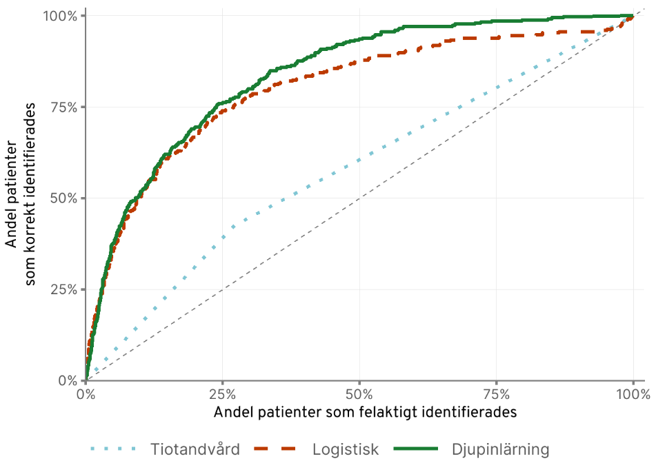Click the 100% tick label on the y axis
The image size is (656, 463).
click(x=61, y=16)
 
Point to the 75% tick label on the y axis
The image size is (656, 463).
click(x=64, y=107)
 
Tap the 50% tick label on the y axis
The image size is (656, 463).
click(x=64, y=198)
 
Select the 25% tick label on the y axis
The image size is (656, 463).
click(x=64, y=289)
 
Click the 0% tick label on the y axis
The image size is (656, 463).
click(x=68, y=380)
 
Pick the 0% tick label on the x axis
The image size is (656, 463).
click(x=86, y=395)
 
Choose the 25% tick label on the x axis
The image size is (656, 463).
click(x=223, y=395)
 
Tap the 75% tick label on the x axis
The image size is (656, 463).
click(x=497, y=395)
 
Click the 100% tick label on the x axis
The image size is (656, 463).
click(x=631, y=395)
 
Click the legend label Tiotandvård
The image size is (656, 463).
click(x=195, y=450)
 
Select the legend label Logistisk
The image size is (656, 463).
click(x=346, y=450)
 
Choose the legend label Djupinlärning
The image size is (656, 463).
click(x=501, y=450)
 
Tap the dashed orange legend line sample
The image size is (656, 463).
click(x=279, y=450)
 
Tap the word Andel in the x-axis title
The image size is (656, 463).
click(x=234, y=412)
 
